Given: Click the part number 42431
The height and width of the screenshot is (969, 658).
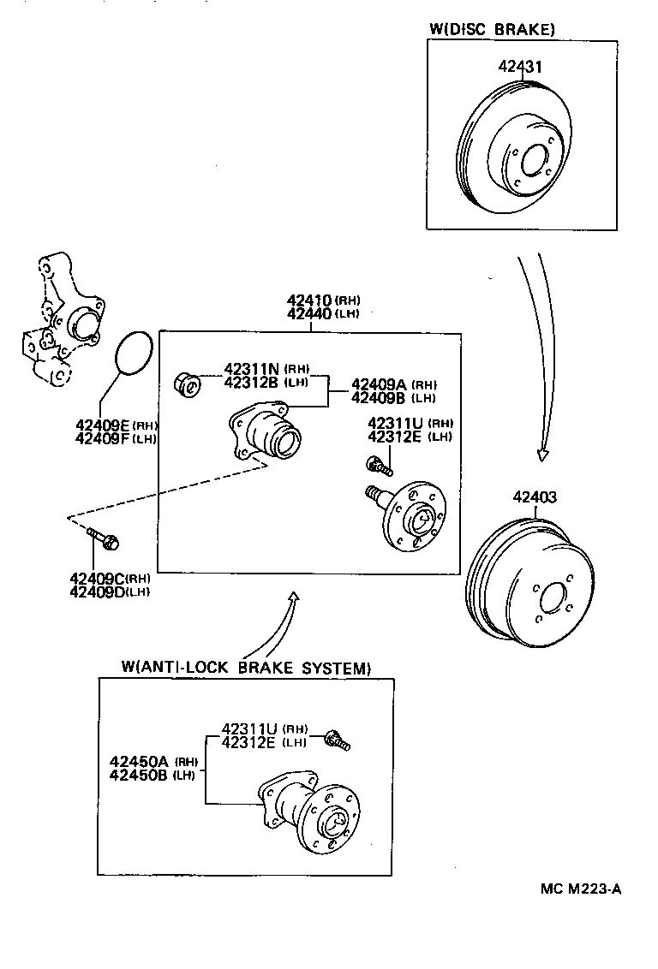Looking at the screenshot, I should click(x=518, y=65).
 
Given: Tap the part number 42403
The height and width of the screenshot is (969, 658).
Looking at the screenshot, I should click(x=535, y=496).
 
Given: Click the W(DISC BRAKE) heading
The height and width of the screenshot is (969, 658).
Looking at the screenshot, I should click(x=492, y=29).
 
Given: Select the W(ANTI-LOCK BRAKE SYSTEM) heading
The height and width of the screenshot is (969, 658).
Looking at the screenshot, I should click(x=246, y=668).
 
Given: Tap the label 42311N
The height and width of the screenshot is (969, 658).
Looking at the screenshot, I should click(x=252, y=369).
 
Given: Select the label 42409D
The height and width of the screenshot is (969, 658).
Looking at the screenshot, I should click(x=99, y=592).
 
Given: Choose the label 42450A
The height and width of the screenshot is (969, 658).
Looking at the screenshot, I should click(x=141, y=761).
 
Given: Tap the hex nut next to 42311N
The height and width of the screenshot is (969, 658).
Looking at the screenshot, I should click(x=188, y=385).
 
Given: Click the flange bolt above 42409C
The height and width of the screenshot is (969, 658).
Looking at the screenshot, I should click(x=104, y=538).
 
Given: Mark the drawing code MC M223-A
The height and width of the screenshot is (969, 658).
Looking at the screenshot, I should click(x=580, y=889).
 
